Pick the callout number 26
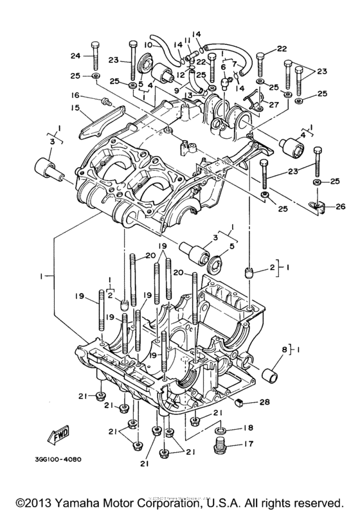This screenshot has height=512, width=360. [x=340, y=206]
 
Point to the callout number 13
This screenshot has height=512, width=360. [x=188, y=94]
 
